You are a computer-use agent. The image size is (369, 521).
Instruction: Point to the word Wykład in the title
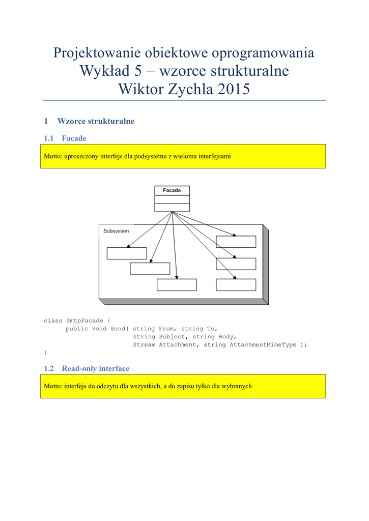click(102, 71)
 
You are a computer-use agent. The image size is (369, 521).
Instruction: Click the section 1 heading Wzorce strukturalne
click(96, 121)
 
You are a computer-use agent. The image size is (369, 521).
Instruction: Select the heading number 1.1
click(49, 138)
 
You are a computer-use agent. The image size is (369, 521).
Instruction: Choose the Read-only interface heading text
click(96, 368)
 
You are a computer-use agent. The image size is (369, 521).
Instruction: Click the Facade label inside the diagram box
click(172, 190)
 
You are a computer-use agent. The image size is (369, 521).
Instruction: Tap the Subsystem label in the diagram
click(116, 231)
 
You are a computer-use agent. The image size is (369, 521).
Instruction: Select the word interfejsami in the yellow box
click(214, 156)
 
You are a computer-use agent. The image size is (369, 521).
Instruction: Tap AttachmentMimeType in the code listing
click(262, 344)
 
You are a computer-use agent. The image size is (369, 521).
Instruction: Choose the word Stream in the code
click(144, 344)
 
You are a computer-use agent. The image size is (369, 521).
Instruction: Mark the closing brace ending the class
click(45, 352)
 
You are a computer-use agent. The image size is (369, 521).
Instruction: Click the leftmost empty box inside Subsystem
click(127, 253)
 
